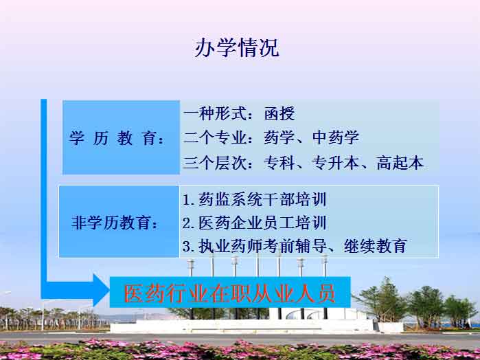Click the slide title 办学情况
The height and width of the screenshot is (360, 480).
(237, 47)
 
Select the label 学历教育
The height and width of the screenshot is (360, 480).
(117, 138)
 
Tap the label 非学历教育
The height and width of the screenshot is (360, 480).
(115, 222)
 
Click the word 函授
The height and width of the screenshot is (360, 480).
(279, 113)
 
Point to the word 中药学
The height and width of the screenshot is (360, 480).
(336, 137)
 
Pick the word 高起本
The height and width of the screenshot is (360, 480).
(400, 162)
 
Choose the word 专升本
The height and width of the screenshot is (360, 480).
(335, 162)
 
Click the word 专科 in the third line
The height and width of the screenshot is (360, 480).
(279, 162)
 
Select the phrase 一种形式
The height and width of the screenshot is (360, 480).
(214, 113)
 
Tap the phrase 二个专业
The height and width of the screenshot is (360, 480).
(214, 137)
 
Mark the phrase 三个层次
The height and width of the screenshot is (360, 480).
(214, 162)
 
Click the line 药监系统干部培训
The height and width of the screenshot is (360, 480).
(262, 199)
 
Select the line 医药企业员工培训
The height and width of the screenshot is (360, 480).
(262, 223)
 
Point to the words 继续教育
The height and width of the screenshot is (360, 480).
(376, 246)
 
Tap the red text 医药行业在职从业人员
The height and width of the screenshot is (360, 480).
(229, 293)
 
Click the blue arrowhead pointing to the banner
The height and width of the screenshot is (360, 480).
(101, 290)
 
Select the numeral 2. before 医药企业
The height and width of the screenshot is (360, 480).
(189, 223)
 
